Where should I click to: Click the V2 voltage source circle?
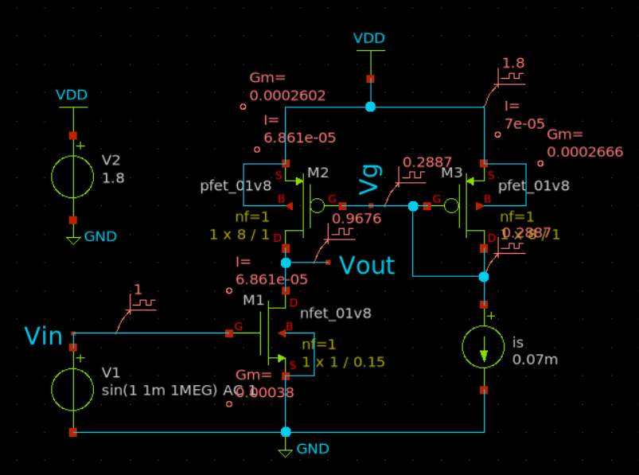click(73, 176)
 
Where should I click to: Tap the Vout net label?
click(367, 265)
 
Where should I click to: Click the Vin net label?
click(43, 336)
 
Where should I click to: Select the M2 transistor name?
click(318, 172)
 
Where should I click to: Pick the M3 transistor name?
click(452, 172)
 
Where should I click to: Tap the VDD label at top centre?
click(369, 38)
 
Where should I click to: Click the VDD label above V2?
click(72, 95)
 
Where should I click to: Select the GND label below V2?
click(100, 236)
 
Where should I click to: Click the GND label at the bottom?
click(313, 449)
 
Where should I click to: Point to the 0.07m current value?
click(535, 360)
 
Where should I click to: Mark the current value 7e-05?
click(524, 123)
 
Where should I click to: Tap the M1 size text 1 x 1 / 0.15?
click(343, 362)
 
